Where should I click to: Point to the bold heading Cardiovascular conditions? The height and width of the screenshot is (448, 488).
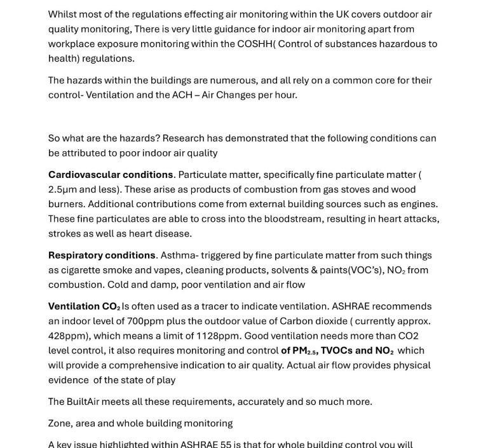pyautogui.click(x=111, y=175)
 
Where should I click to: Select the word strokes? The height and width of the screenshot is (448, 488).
pyautogui.click(x=64, y=233)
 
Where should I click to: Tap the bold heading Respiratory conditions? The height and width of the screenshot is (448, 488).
pyautogui.click(x=102, y=255)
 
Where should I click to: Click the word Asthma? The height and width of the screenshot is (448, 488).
pyautogui.click(x=177, y=255)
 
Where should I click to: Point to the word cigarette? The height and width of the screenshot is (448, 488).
pyautogui.click(x=83, y=270)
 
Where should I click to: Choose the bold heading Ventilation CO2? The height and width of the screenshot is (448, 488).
pyautogui.click(x=84, y=306)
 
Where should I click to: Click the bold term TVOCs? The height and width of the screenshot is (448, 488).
pyautogui.click(x=336, y=350)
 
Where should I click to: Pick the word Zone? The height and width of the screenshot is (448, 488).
pyautogui.click(x=61, y=423)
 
